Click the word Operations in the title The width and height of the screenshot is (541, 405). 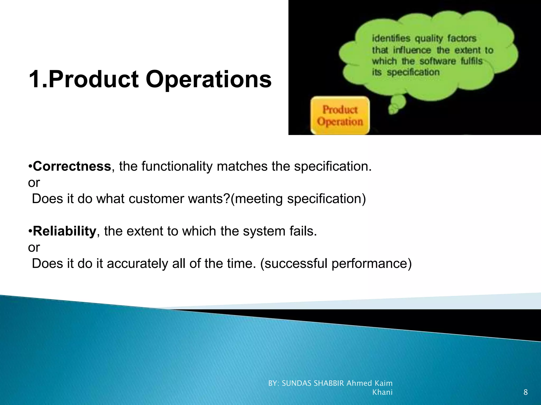pos(209,80)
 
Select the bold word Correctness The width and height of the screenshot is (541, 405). pos(72,166)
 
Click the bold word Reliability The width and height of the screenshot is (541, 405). pos(64,231)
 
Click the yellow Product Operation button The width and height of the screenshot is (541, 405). pos(340,116)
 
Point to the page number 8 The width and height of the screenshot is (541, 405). pos(525,392)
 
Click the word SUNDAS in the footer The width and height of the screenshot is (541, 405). pos(297,383)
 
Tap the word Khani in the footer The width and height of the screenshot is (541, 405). pos(382,392)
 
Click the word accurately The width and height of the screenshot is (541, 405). pos(137,264)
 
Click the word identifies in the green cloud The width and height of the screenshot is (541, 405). pos(391,38)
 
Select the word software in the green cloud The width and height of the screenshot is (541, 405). pos(438,61)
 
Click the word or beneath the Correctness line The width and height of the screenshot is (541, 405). pos(34,183)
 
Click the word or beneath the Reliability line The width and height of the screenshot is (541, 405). pos(34,248)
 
